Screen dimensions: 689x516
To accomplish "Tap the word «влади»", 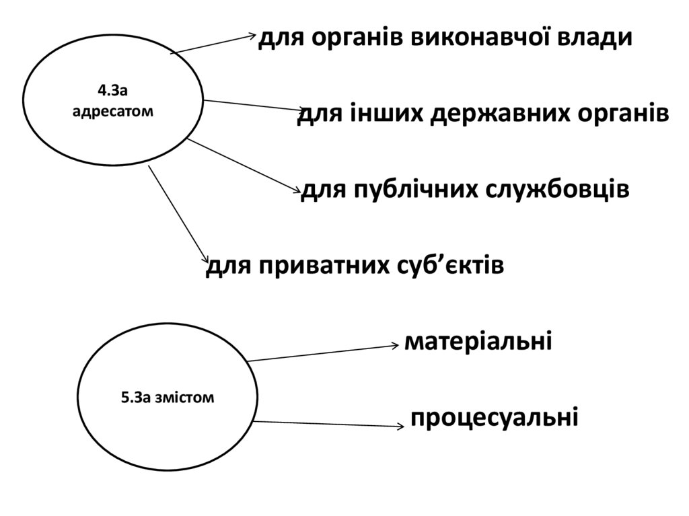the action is point(598,38).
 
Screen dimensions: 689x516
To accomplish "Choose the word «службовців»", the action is point(560,190).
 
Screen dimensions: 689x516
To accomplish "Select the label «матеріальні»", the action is point(478,342).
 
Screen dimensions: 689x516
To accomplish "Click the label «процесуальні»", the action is point(495,418).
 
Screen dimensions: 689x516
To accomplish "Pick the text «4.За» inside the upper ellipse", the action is point(112,89).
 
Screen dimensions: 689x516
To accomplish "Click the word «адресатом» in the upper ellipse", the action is point(112,109).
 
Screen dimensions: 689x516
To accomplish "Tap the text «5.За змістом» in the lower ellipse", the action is point(168,398).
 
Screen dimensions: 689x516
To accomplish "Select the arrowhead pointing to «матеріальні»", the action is point(395,345).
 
